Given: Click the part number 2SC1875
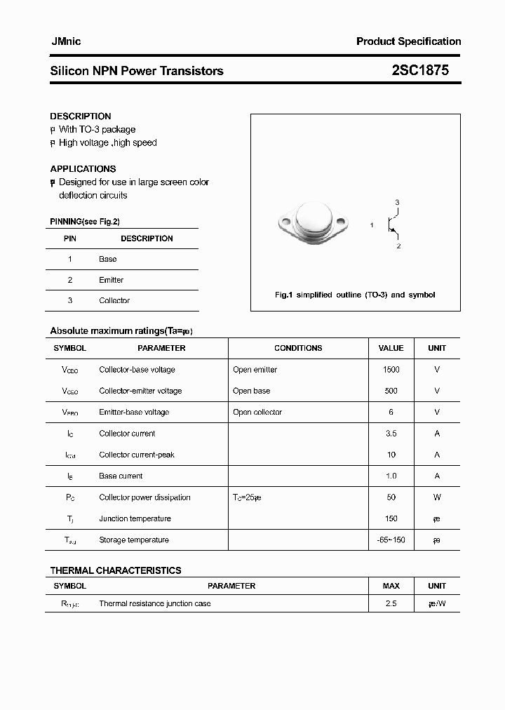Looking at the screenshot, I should click(x=420, y=70).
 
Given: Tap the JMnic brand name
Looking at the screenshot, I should click(x=65, y=41).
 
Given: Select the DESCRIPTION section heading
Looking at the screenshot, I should click(x=80, y=116).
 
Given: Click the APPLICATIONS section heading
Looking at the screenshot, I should click(x=83, y=168).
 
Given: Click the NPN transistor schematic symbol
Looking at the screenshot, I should click(x=393, y=225).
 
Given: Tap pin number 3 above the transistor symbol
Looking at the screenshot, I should click(x=397, y=203).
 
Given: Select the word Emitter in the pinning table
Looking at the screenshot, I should click(x=111, y=280).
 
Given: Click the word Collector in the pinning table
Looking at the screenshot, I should click(x=114, y=300).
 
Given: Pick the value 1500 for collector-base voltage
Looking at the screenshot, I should click(x=391, y=370).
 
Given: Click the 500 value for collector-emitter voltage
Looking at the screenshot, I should click(x=391, y=391).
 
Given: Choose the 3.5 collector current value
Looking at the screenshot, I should click(x=391, y=434).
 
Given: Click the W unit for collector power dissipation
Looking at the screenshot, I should click(x=436, y=497).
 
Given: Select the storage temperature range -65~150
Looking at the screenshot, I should click(x=391, y=540).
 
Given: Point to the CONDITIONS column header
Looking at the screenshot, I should click(x=298, y=348).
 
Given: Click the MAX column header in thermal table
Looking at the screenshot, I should click(x=391, y=586).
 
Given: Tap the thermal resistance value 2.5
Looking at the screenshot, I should click(x=391, y=603).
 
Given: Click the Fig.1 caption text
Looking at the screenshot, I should click(x=354, y=295).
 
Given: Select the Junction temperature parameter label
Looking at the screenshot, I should click(x=135, y=518).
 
